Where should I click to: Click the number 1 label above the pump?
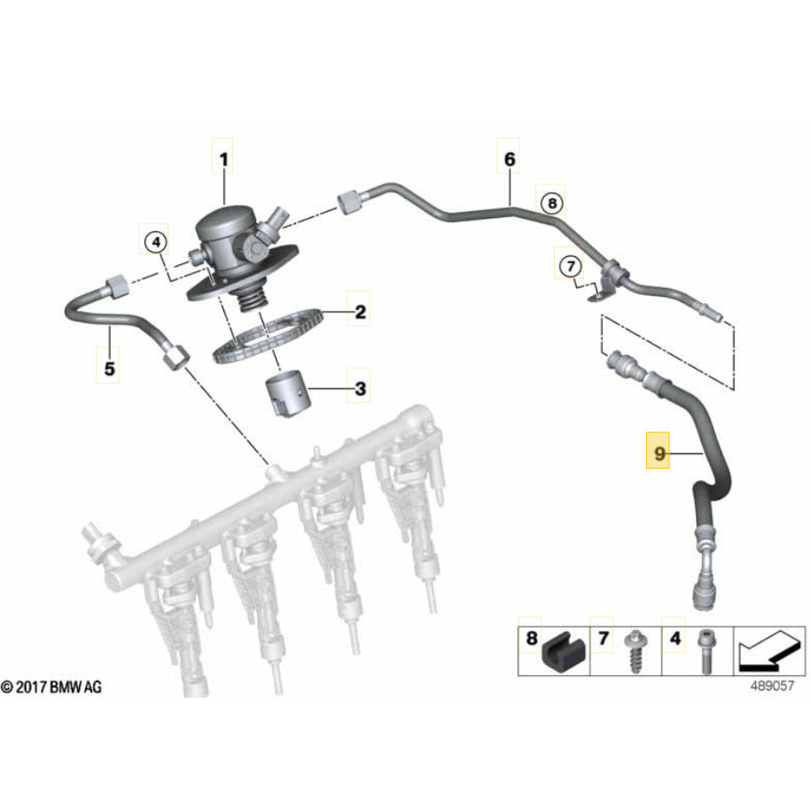pyautogui.click(x=223, y=160)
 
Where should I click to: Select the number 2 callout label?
pyautogui.click(x=360, y=312)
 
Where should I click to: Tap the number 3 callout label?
pyautogui.click(x=360, y=388)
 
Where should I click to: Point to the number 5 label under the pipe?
pyautogui.click(x=109, y=369)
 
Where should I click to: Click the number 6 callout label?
pyautogui.click(x=509, y=160)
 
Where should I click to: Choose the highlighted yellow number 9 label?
pyautogui.click(x=659, y=455)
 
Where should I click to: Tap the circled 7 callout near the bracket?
pyautogui.click(x=569, y=264)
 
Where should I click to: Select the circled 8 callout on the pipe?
pyautogui.click(x=550, y=203)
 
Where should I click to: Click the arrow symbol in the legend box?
pyautogui.click(x=764, y=650)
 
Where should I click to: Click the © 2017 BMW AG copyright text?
pyautogui.click(x=51, y=688)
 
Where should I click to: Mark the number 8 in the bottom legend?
pyautogui.click(x=531, y=637)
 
